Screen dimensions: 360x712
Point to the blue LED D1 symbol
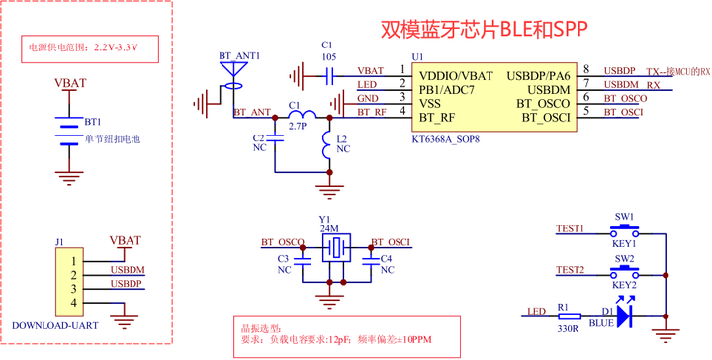[x=623, y=315]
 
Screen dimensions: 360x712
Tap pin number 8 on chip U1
[x=587, y=69]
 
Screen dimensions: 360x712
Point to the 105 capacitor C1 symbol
[x=328, y=72]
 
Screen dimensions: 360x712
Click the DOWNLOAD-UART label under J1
[x=48, y=325]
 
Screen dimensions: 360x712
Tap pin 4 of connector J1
[x=72, y=303]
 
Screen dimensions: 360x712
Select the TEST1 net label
[x=570, y=228]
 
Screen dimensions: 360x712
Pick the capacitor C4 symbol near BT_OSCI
[x=372, y=259]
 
